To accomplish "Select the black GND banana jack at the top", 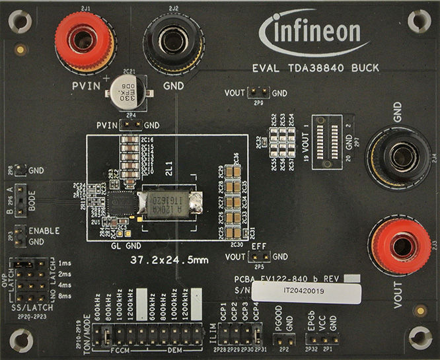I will click(x=173, y=40).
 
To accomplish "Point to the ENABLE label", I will click(x=44, y=231).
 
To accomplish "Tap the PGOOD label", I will click(x=279, y=322).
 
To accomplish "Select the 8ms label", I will click(x=63, y=297).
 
